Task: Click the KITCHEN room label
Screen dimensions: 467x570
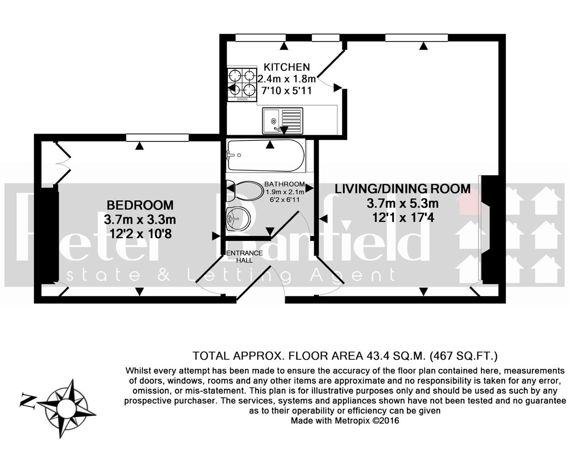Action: click(x=287, y=67)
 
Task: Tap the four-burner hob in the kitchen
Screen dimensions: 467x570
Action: click(x=242, y=83)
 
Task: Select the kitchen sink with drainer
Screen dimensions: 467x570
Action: click(x=282, y=121)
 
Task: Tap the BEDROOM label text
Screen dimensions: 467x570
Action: click(x=140, y=205)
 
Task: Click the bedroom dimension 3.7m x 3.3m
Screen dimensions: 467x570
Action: click(x=140, y=219)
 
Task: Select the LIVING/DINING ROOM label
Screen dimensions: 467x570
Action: click(x=403, y=189)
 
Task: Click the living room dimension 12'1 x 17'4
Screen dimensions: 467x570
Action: click(x=403, y=218)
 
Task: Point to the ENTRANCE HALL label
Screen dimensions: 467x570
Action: click(x=245, y=256)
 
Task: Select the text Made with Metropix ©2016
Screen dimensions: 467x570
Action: click(x=345, y=420)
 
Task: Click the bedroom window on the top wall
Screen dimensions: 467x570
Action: click(x=157, y=138)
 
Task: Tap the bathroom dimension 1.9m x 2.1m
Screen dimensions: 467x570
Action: click(x=285, y=192)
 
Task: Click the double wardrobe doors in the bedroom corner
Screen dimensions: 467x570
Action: click(x=61, y=163)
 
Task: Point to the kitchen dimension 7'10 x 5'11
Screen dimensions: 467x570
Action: click(x=285, y=91)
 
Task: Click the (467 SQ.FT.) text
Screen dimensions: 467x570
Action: click(x=464, y=356)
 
